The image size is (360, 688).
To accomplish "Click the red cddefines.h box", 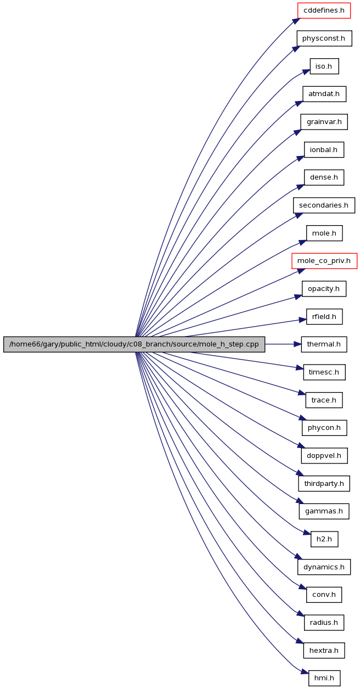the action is click(324, 10).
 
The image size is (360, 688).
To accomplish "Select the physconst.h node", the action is click(324, 38).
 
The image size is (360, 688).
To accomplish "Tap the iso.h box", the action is click(324, 66).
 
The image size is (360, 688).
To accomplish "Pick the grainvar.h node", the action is click(324, 122).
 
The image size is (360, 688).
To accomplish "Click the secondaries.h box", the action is click(324, 205).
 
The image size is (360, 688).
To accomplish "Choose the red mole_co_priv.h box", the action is click(324, 261).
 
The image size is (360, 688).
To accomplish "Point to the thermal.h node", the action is click(324, 344).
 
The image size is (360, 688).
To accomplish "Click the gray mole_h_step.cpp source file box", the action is click(134, 344).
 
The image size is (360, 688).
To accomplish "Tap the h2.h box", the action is click(324, 539).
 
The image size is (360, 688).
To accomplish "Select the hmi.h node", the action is click(324, 678).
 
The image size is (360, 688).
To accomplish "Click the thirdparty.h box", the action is click(324, 483).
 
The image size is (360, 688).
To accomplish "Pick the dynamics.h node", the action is click(324, 567).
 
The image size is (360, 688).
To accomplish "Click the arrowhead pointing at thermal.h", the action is click(297, 344).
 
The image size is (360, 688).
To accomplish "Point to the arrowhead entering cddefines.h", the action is click(296, 20).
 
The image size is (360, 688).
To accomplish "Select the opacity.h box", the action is click(324, 289).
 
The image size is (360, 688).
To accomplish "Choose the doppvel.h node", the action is click(324, 456).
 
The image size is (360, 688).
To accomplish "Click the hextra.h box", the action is click(324, 650).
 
